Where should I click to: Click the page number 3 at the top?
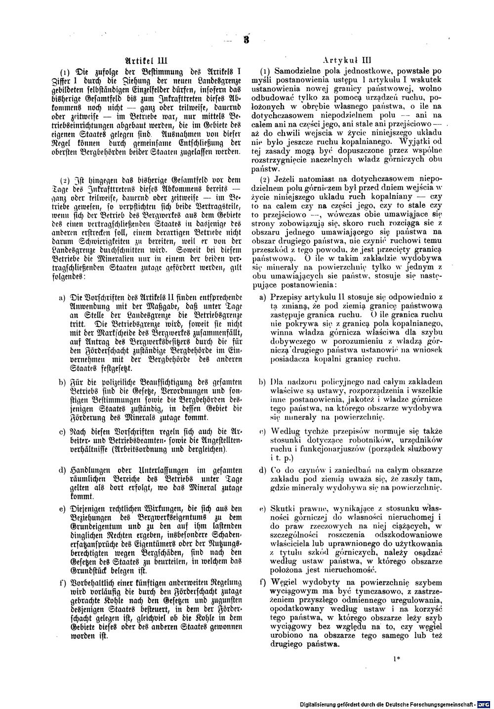pyautogui.click(x=246, y=41)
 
